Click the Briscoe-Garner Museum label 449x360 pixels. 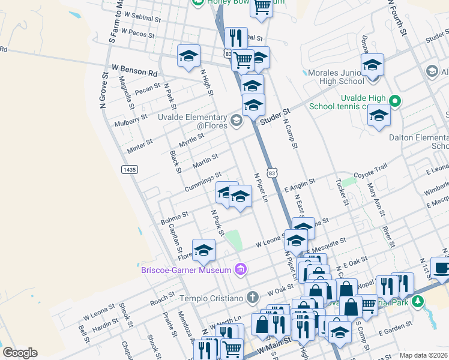186,270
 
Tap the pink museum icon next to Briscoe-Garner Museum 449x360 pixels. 241,269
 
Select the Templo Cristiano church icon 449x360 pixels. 253,296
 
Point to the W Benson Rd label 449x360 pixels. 134,71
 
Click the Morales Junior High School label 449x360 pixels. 336,77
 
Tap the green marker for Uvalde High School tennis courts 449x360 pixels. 394,101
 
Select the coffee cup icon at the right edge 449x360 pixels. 442,268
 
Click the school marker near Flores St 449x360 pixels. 203,250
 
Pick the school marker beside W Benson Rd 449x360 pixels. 188,56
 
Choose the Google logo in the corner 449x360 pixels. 20,353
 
